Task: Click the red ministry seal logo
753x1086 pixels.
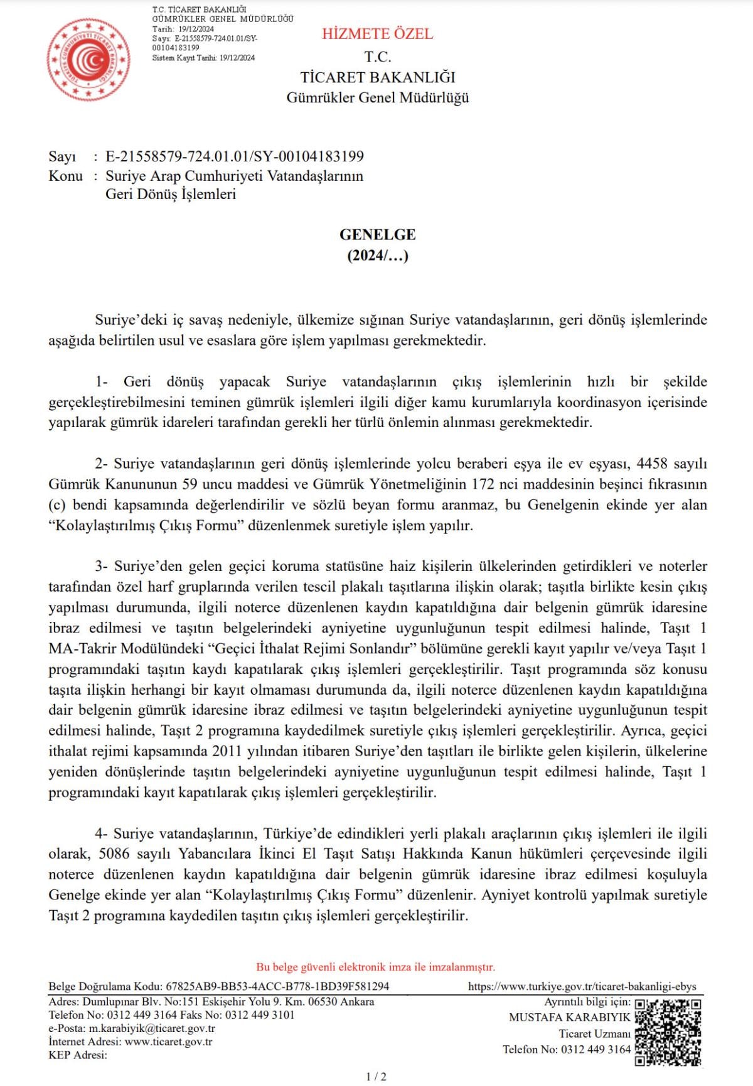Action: tap(88, 60)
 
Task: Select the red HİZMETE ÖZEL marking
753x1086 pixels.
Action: tap(377, 34)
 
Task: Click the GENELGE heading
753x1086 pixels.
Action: tap(377, 234)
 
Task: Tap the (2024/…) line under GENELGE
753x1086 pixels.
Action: tap(377, 255)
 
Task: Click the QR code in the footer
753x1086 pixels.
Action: tap(668, 1032)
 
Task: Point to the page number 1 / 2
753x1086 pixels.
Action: tap(376, 1077)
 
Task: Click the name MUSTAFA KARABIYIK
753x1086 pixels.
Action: tap(569, 1017)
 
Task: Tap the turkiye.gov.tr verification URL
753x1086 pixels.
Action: tap(582, 986)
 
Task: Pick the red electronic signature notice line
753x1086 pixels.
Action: tap(375, 967)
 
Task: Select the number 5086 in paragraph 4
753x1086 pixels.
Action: tap(114, 854)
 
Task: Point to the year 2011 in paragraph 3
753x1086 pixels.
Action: tap(227, 751)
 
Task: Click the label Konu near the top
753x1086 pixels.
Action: tap(65, 176)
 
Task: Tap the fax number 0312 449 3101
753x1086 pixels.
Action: tap(259, 1014)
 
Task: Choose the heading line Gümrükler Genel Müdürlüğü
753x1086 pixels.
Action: tap(377, 97)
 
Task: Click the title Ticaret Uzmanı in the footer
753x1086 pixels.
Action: tap(594, 1033)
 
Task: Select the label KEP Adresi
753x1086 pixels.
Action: tap(78, 1055)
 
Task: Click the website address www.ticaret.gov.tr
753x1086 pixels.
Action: tap(168, 1041)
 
